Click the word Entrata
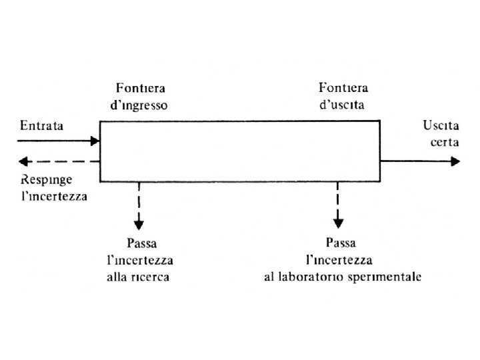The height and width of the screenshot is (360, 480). [41, 125]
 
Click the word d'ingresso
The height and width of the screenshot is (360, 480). [141, 105]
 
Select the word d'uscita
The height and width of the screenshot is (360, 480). [342, 105]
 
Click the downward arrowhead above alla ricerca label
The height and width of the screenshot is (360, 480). [139, 223]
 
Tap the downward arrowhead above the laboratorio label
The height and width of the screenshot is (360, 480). [339, 223]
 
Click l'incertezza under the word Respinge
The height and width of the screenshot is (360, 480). [53, 197]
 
